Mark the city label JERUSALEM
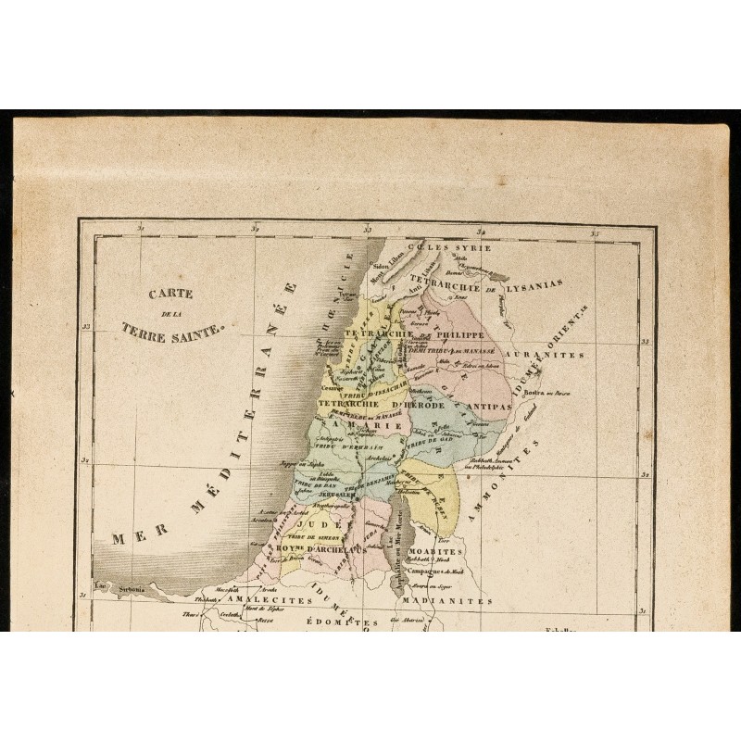tap(315, 494)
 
